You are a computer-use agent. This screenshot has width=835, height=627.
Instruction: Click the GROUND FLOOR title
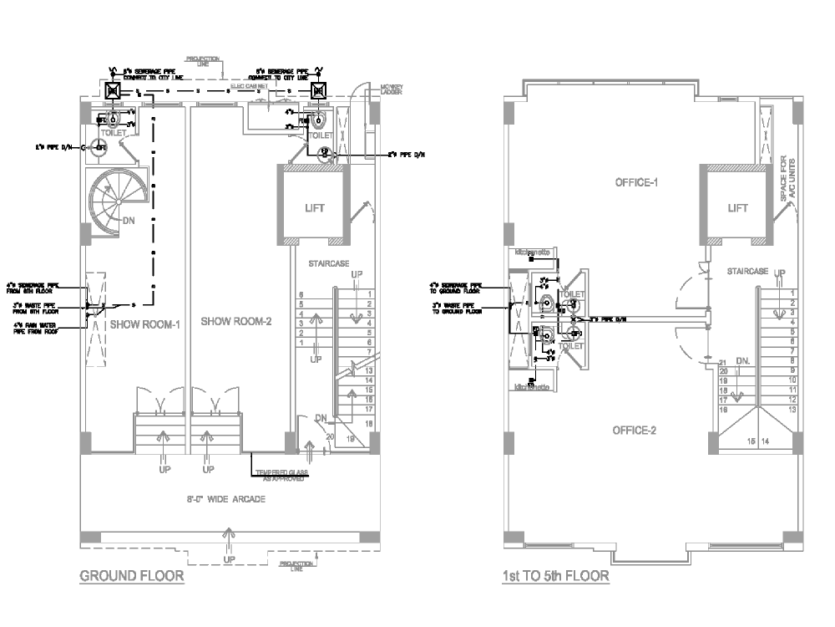click(131, 576)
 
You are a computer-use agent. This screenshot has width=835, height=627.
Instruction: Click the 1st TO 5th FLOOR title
click(555, 576)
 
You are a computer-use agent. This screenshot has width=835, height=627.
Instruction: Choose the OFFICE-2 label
click(634, 430)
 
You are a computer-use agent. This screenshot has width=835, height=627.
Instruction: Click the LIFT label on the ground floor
click(314, 208)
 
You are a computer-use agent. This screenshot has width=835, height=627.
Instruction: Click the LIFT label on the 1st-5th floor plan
click(737, 208)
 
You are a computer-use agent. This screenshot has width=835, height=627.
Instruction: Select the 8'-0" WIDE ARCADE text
click(226, 500)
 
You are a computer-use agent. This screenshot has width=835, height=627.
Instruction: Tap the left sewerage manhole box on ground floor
click(114, 90)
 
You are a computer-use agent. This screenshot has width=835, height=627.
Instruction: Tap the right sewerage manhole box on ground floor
click(318, 90)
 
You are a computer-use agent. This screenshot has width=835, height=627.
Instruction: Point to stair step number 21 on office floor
click(723, 361)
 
